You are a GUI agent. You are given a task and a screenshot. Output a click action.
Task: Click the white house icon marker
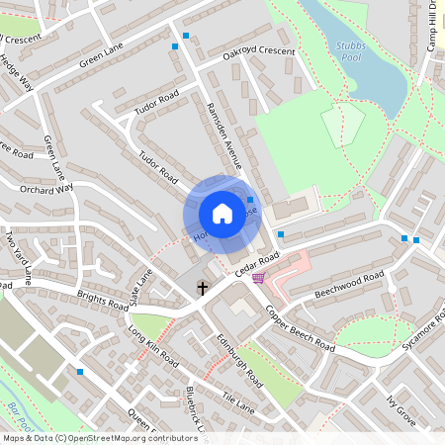[222, 213]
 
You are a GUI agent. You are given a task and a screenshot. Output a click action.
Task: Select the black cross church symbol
[203, 288]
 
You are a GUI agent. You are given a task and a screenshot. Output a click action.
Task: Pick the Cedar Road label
[259, 262]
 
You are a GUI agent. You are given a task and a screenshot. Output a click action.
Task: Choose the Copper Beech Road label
[301, 328]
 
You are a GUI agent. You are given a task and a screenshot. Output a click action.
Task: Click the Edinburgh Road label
[238, 365]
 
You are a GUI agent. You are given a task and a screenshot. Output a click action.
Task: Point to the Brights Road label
[102, 300]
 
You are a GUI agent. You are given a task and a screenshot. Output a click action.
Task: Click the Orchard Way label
[46, 188]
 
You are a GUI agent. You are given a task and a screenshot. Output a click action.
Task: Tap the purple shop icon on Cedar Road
[259, 279]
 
